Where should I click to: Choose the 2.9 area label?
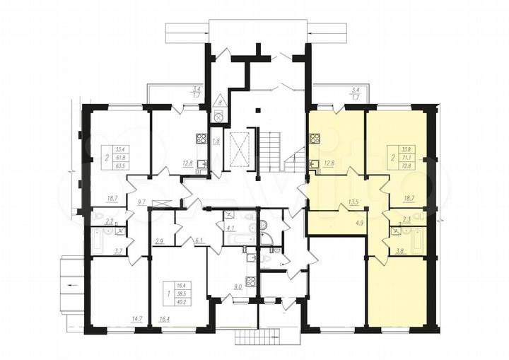(160, 241)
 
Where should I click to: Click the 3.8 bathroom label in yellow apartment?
(402, 250)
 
